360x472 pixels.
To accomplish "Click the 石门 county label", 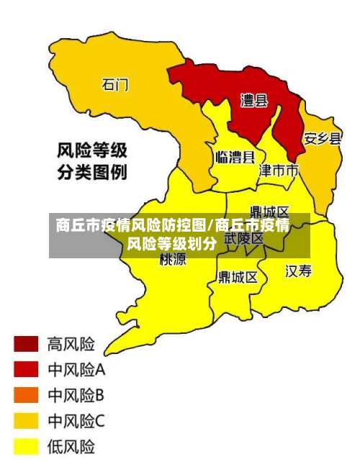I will [115, 84].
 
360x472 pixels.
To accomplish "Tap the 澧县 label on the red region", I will [253, 101].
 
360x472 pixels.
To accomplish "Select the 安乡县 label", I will [322, 138].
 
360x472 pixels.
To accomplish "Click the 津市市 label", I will [278, 171].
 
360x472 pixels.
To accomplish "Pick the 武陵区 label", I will [243, 238].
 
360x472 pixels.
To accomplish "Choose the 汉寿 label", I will [299, 271].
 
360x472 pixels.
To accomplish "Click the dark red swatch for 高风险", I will [26, 343].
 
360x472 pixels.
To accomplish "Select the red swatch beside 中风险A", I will [26, 369].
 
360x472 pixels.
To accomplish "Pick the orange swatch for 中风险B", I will [26, 395].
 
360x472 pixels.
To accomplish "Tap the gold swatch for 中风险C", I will [26, 421].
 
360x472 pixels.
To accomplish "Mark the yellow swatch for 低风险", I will [26, 447].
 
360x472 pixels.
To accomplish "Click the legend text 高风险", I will [71, 343].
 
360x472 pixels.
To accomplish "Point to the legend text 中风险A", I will [76, 370].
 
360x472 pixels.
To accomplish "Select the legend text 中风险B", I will [76, 395].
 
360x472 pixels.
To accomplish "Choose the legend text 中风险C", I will [76, 421].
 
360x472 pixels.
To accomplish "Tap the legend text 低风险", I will [71, 447].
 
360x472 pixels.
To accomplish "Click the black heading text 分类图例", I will [92, 173].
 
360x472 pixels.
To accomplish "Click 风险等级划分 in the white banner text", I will [171, 243].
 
